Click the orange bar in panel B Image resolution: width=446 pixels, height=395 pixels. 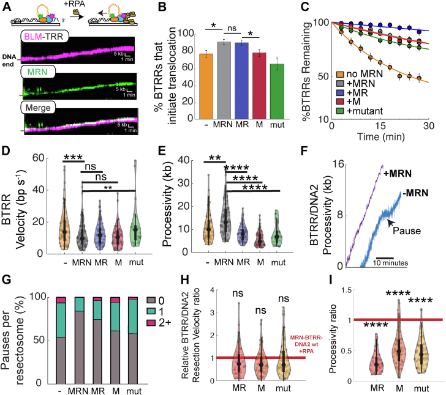[206, 92]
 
